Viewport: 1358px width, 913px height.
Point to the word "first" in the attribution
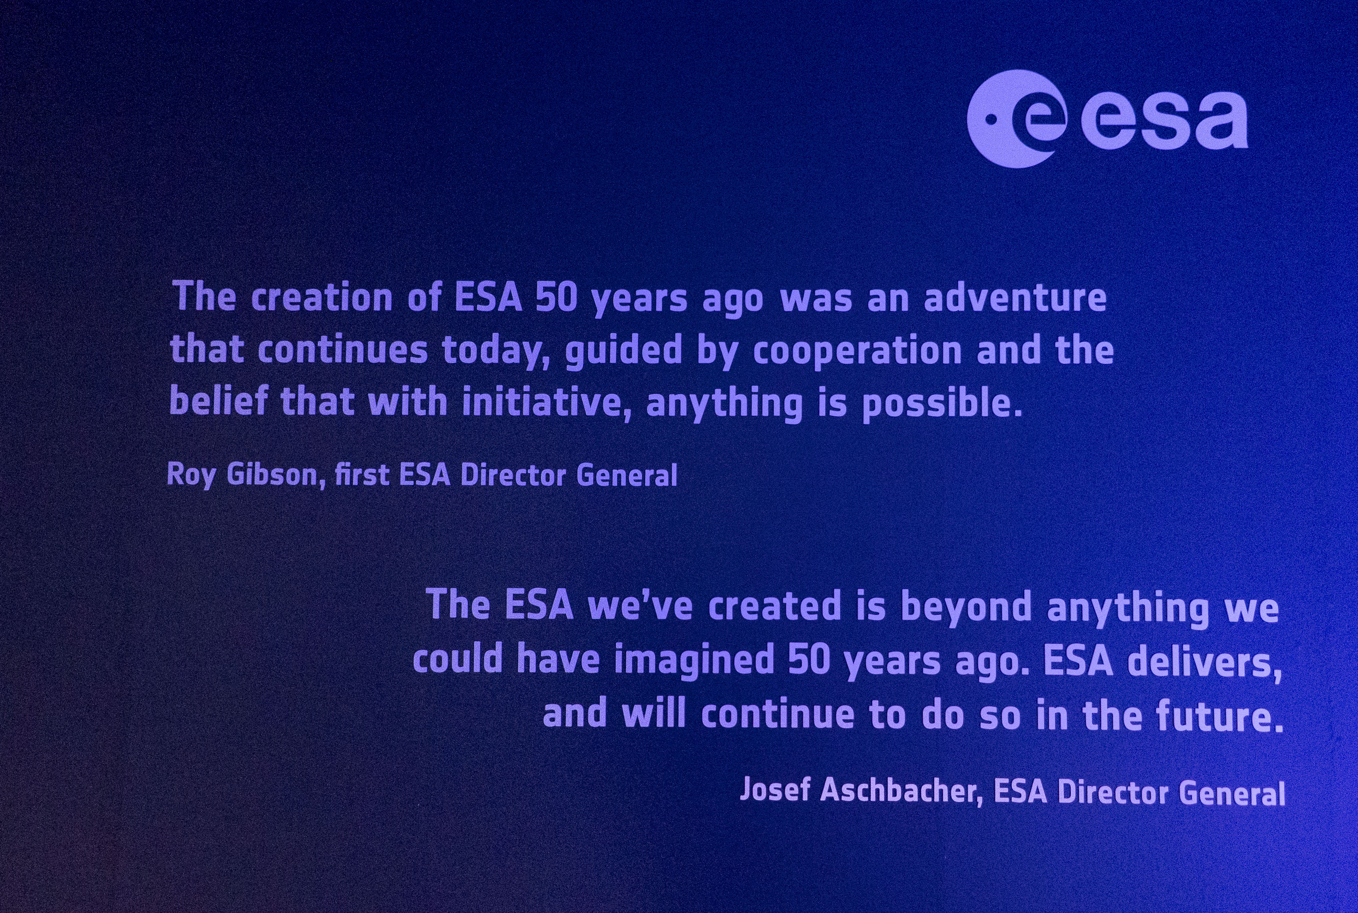coord(361,475)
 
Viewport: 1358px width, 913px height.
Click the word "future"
coord(1220,715)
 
